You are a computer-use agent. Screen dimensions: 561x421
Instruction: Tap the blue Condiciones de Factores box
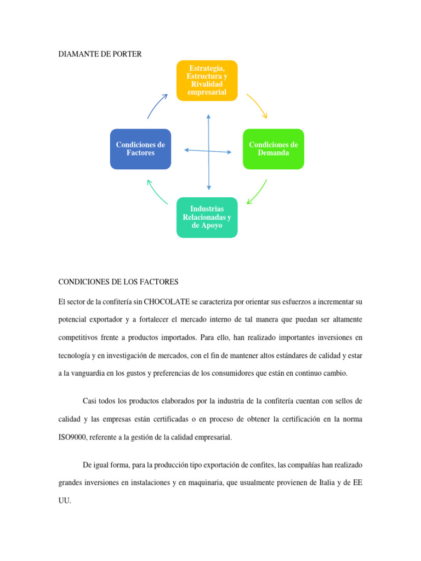coord(140,149)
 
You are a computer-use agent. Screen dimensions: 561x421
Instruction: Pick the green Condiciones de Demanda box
coord(274,149)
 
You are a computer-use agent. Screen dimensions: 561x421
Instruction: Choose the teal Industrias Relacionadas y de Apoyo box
coord(207,217)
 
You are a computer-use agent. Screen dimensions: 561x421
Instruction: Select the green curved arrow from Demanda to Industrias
coord(258,192)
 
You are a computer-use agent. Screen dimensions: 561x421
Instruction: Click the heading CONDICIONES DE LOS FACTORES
coord(118,282)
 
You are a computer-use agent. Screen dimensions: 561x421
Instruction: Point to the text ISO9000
coord(72,437)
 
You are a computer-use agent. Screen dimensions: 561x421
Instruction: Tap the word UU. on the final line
coord(64,500)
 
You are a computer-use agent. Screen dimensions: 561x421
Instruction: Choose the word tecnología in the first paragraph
coord(76,355)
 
